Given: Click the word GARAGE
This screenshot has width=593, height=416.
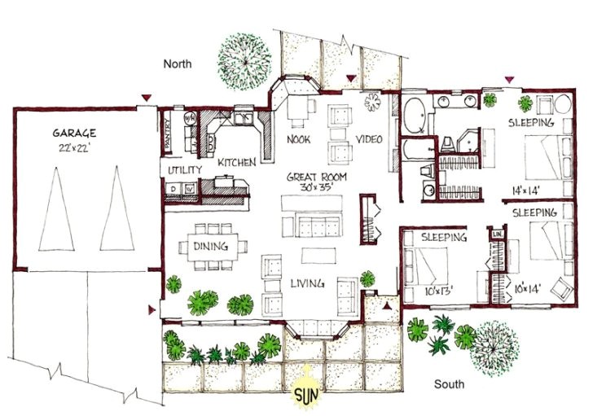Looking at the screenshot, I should click(x=76, y=132).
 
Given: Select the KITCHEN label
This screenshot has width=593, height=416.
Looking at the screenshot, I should click(x=237, y=163).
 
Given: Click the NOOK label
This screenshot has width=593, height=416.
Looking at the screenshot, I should click(x=298, y=139).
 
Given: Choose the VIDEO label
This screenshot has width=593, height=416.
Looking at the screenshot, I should click(x=368, y=139).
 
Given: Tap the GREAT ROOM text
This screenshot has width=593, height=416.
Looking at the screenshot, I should click(x=318, y=176).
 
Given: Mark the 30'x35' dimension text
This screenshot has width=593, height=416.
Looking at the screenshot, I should click(x=318, y=187).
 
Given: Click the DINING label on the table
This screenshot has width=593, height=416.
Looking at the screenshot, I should click(x=210, y=247).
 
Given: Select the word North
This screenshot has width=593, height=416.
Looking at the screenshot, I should click(x=178, y=63).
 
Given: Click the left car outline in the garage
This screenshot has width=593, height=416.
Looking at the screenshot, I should click(x=55, y=208).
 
